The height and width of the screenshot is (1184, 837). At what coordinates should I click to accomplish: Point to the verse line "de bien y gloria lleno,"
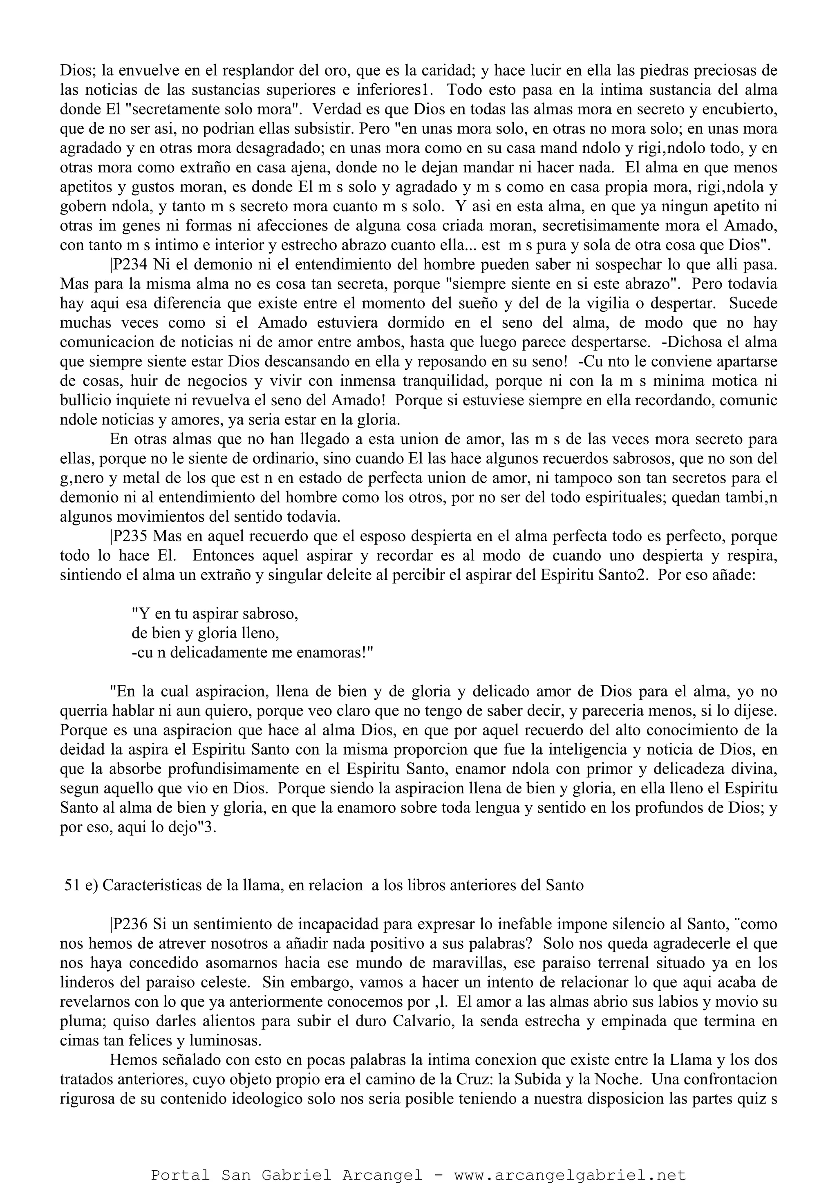pyautogui.click(x=205, y=633)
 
